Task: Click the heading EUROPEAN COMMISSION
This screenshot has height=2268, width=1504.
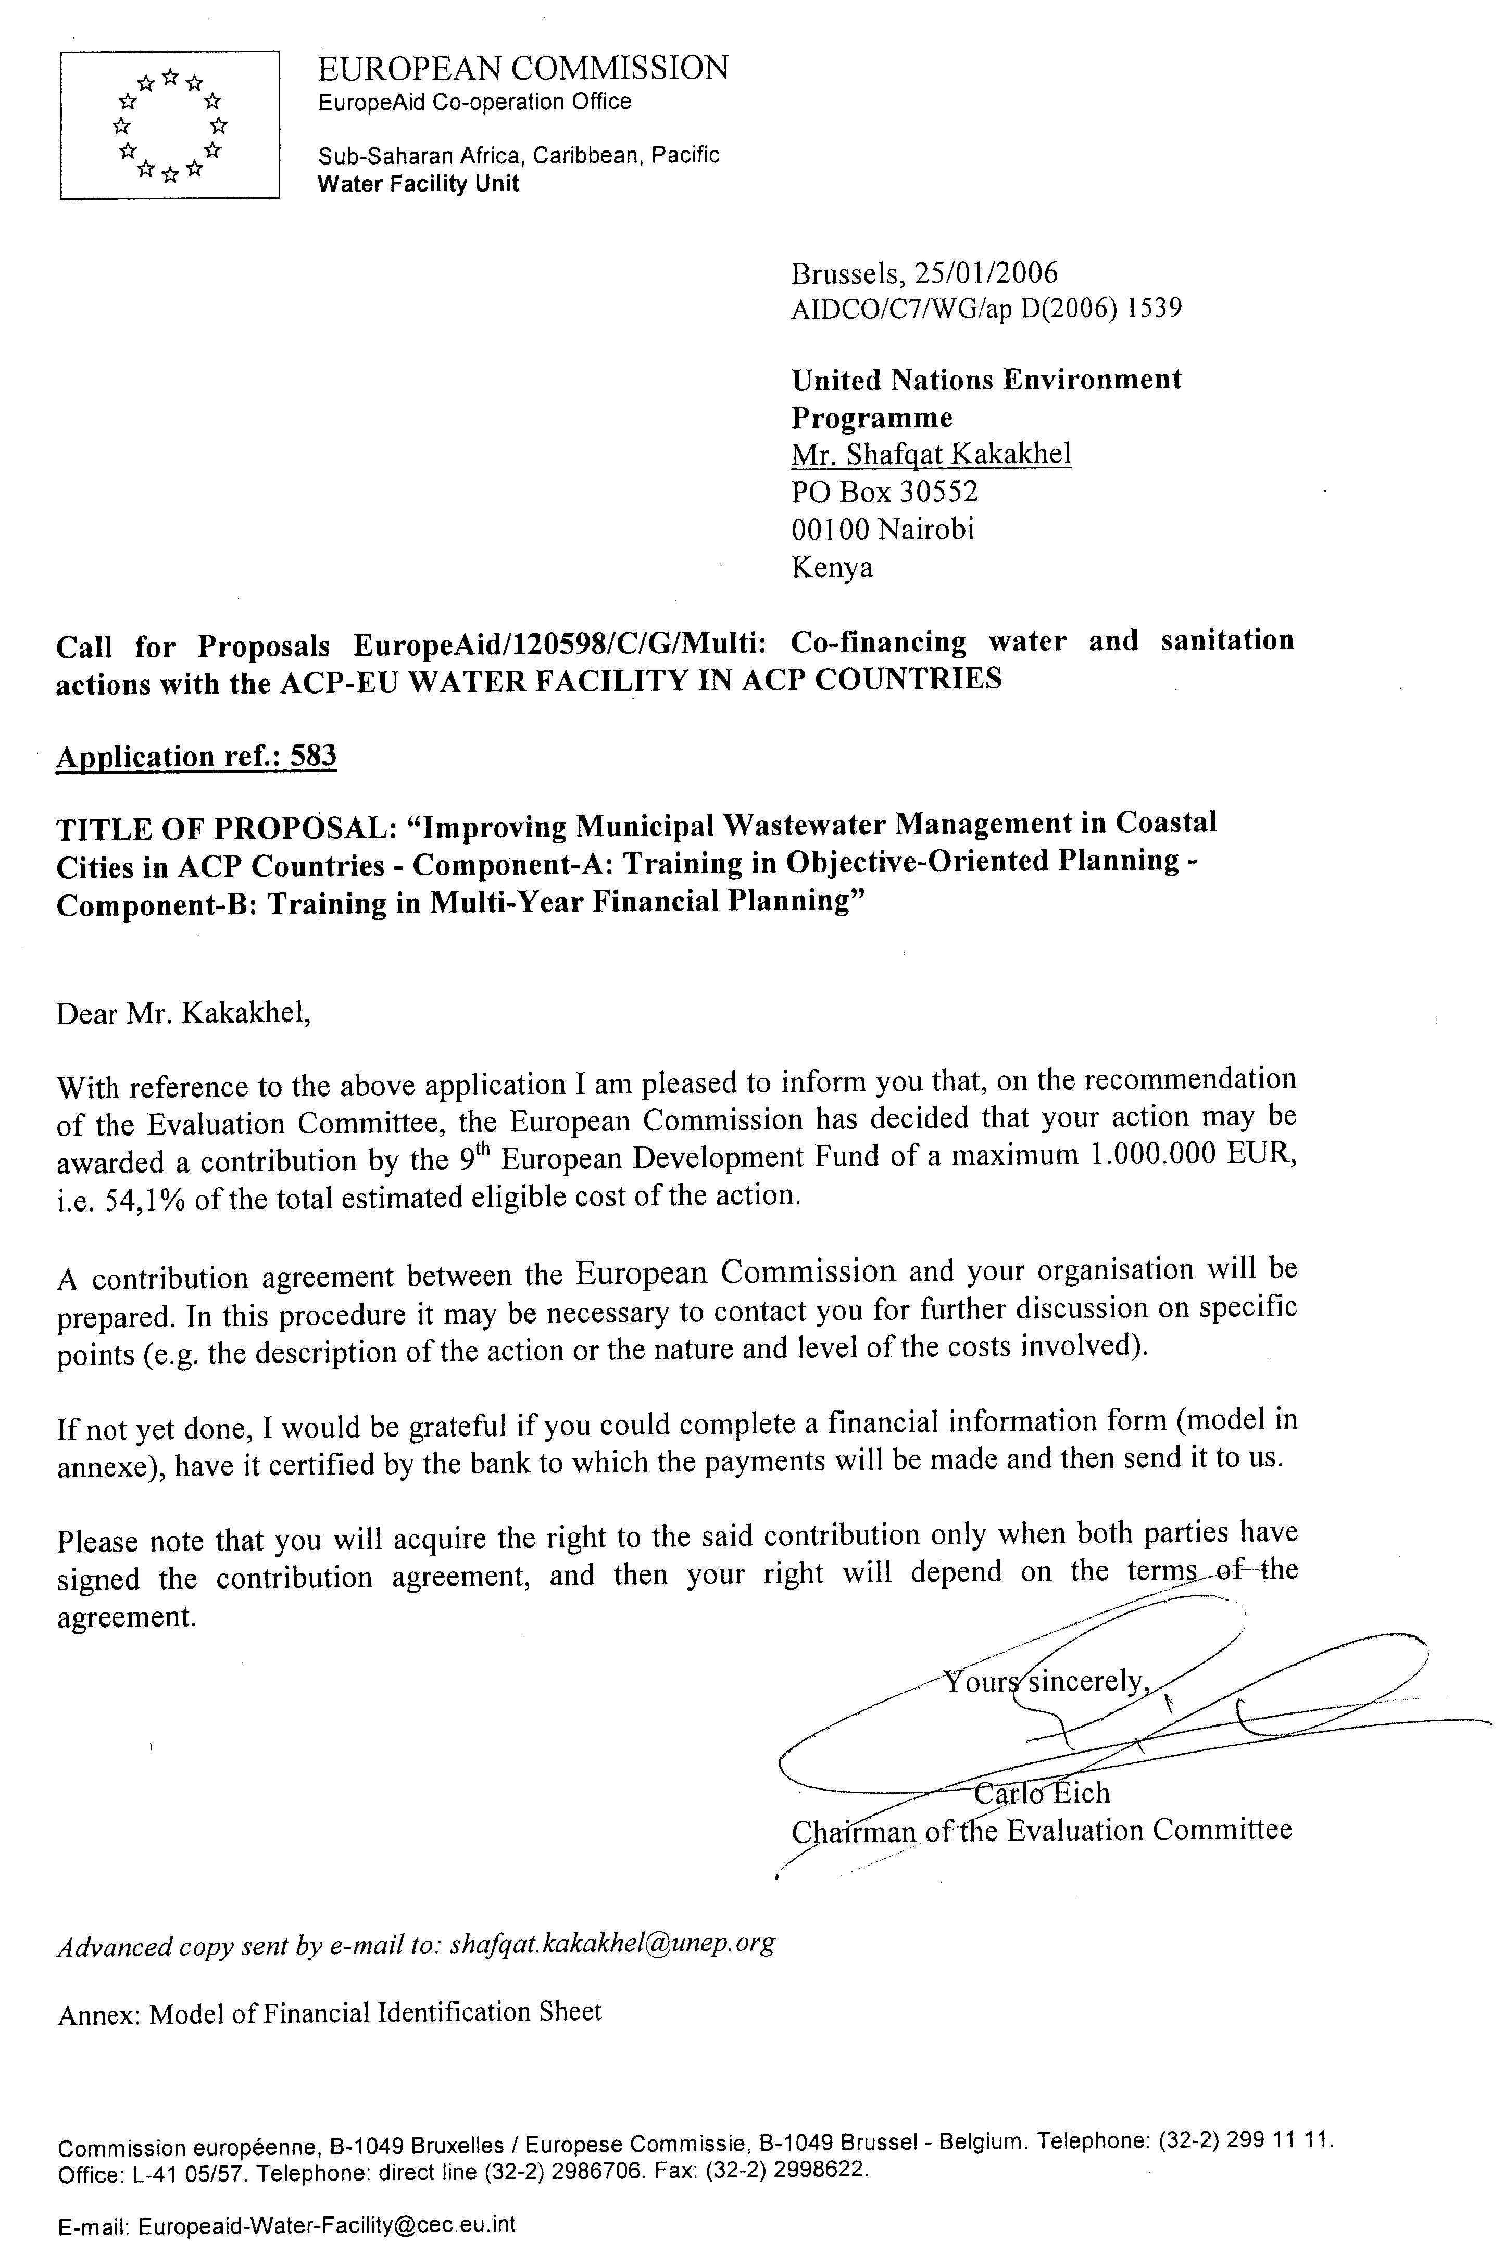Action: (523, 68)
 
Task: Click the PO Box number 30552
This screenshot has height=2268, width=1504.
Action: (938, 492)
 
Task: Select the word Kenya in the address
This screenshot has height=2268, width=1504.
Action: (832, 568)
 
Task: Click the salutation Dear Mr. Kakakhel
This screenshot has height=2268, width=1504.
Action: (184, 1014)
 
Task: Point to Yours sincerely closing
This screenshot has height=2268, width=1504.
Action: (1046, 1681)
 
